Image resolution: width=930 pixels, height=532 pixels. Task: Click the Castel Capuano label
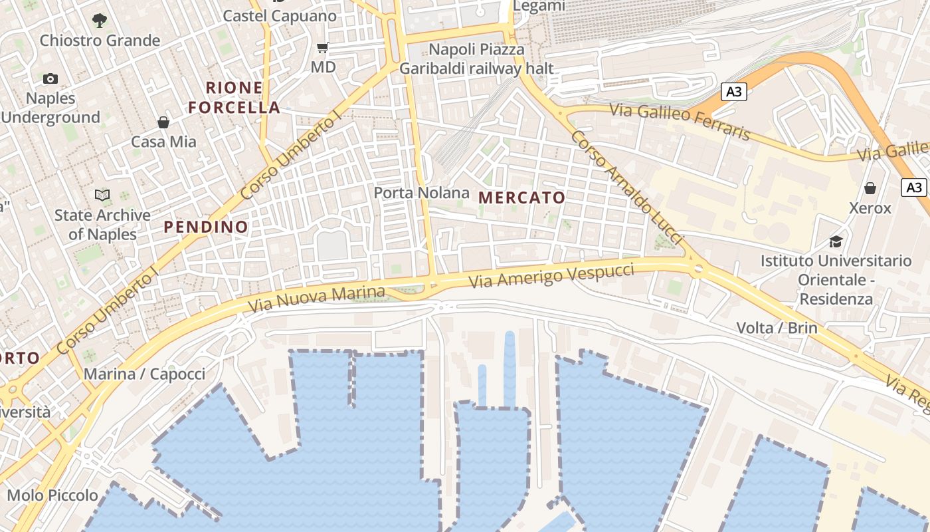point(280,15)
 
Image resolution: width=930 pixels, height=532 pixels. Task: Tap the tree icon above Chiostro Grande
point(100,21)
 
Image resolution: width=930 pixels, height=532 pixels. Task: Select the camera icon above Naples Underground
point(50,79)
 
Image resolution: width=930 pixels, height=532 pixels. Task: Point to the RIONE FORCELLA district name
point(234,97)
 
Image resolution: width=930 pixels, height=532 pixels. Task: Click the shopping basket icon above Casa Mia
point(163,122)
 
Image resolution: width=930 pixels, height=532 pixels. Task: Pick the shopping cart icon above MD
point(323,47)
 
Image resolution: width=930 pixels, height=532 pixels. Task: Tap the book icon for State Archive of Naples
point(102,195)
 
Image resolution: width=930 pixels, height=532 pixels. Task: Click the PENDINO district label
point(206,227)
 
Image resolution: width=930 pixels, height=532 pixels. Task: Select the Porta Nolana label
point(421,193)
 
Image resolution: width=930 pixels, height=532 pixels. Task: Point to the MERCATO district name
point(521,198)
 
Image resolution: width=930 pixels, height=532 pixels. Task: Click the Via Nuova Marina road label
point(316,299)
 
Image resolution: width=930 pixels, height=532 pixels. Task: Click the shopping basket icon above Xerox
point(870,188)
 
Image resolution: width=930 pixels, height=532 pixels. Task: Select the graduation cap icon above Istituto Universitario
point(836,241)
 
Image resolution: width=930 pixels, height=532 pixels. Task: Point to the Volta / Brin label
point(777,328)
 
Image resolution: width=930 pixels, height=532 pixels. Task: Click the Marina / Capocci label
point(144,374)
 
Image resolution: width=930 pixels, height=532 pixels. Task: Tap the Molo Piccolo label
point(52,495)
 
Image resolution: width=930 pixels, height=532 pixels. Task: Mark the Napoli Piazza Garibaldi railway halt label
point(476,59)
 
